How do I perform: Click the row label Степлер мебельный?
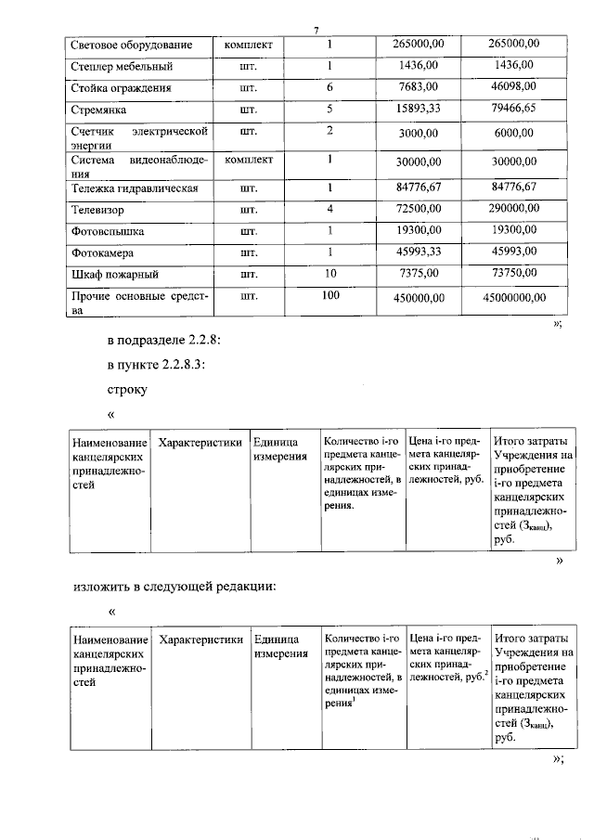pos(122,67)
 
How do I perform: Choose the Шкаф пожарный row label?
pos(114,276)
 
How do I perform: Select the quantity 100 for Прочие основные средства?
pos(329,295)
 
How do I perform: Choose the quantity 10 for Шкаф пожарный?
pos(329,274)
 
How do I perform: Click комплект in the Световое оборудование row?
pos(248,44)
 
